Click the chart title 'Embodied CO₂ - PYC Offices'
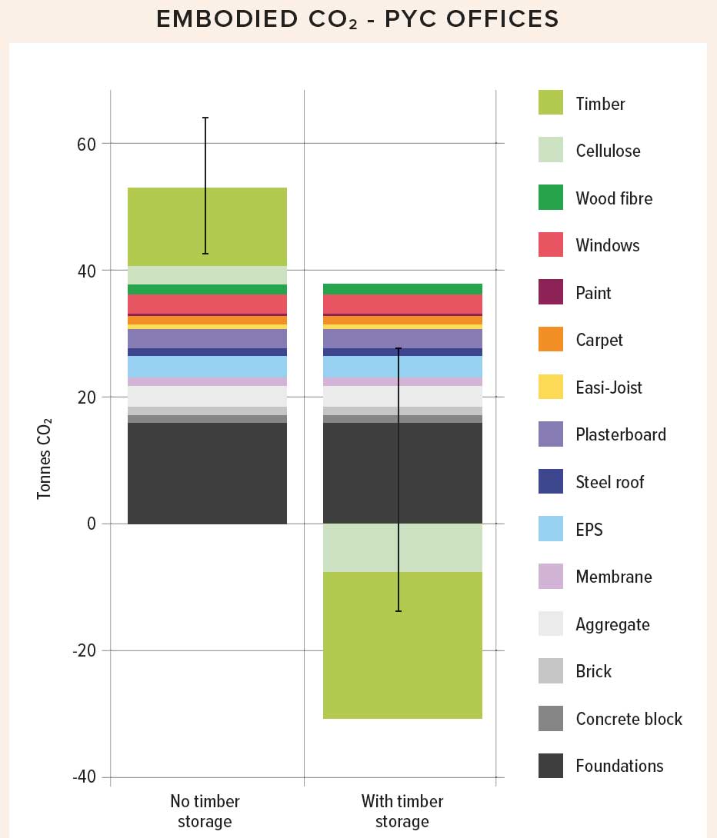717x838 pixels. [x=358, y=19]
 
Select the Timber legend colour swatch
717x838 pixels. [x=551, y=103]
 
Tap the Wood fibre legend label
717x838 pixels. [x=613, y=198]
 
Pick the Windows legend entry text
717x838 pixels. [x=607, y=246]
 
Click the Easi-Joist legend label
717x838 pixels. [x=609, y=387]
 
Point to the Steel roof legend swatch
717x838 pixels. [x=551, y=482]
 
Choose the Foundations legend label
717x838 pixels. [x=619, y=766]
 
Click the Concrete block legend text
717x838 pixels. [x=629, y=719]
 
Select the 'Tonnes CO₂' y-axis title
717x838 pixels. [x=45, y=458]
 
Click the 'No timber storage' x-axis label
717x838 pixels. [x=205, y=812]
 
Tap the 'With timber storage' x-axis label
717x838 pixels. [x=402, y=812]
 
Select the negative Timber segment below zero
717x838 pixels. [x=402, y=646]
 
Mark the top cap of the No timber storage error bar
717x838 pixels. [x=205, y=118]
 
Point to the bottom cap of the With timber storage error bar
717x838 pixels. [x=399, y=611]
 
